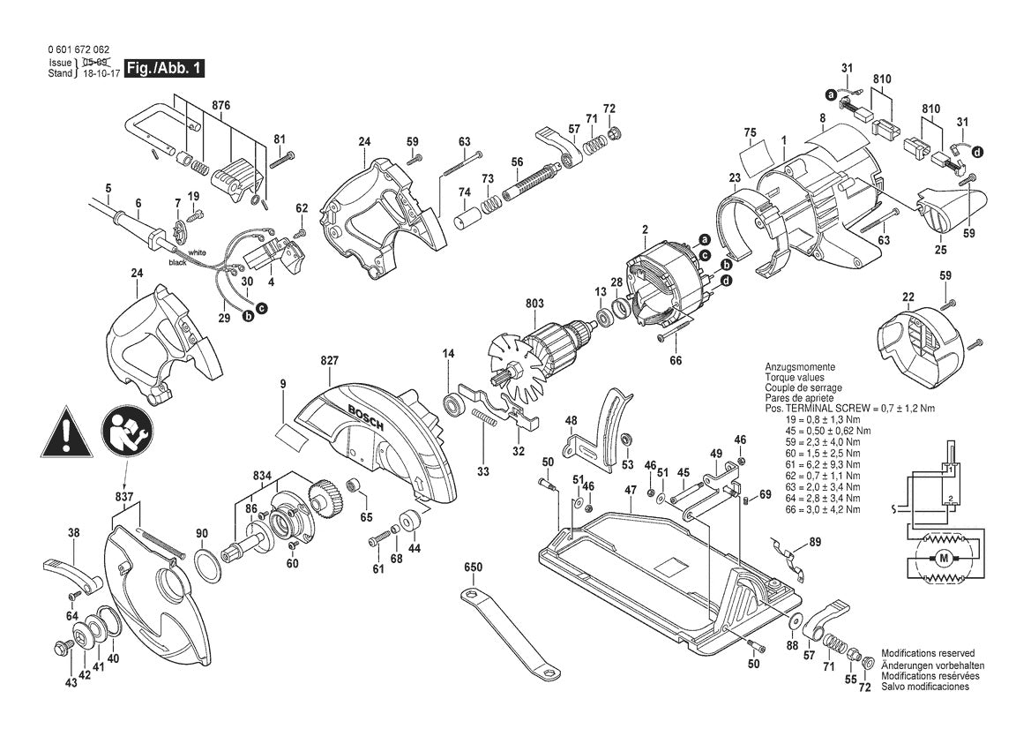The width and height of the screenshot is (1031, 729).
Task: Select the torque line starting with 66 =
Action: click(x=825, y=509)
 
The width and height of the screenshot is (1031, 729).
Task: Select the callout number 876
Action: click(x=220, y=105)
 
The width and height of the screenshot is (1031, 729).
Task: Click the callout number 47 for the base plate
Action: click(x=631, y=489)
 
